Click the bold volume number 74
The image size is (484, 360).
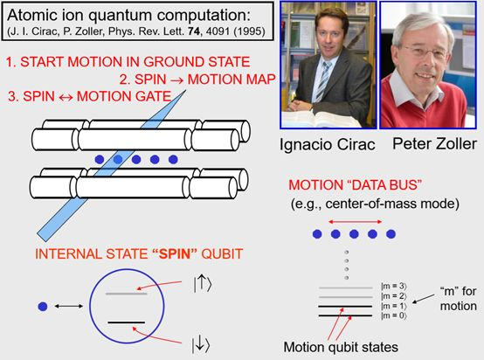tap(194, 31)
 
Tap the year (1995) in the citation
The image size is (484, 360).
tap(249, 31)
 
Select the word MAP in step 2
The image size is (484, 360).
tap(259, 80)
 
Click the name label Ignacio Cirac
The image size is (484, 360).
tap(328, 144)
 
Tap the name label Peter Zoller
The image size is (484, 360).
tap(434, 144)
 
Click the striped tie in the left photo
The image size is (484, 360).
tap(323, 81)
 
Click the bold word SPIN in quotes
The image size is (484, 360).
tap(175, 253)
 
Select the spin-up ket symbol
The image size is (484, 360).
tap(203, 284)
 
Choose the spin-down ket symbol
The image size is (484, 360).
tap(201, 345)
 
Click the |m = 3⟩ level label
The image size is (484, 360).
tap(394, 287)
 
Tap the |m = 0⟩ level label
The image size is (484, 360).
tap(394, 315)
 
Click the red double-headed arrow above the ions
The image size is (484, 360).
tap(356, 222)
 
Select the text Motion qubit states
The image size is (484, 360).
tap(341, 347)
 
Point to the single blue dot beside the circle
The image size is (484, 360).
tap(43, 307)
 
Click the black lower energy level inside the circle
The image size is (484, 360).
tap(127, 322)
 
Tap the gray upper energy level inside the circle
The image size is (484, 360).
tap(127, 294)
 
